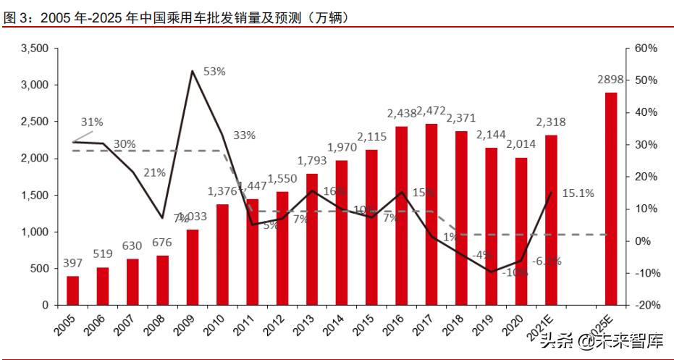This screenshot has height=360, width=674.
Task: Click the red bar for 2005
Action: (x=72, y=290)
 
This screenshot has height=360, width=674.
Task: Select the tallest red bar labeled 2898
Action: (x=611, y=198)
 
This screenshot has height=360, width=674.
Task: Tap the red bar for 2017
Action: (x=431, y=214)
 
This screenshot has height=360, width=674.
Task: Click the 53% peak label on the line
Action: (x=214, y=71)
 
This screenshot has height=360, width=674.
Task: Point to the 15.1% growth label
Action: (x=578, y=193)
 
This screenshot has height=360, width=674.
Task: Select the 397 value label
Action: (x=72, y=261)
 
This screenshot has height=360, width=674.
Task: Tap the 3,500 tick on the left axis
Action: (x=34, y=49)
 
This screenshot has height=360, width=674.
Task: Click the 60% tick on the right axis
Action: (x=645, y=49)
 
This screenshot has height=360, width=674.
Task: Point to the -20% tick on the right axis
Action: (x=644, y=305)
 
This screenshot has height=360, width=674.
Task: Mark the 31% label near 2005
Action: (x=92, y=122)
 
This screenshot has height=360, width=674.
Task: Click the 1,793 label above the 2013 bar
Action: (x=312, y=160)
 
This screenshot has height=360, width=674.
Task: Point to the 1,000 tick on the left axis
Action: (x=34, y=232)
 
